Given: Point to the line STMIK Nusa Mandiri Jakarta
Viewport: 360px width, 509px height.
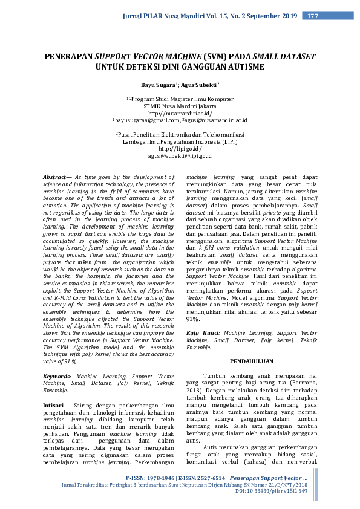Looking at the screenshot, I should (x=180, y=106).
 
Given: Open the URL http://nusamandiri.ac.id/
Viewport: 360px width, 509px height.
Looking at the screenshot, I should (x=180, y=113).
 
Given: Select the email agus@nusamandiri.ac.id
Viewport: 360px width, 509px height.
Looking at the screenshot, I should (x=216, y=120).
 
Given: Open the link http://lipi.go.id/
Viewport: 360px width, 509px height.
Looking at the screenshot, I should (x=180, y=148).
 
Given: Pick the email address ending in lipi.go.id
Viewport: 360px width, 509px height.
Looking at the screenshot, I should (x=180, y=155).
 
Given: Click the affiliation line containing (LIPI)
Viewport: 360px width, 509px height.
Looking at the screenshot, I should (x=180, y=140).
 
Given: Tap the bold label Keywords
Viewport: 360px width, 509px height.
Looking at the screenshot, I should (x=57, y=376).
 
